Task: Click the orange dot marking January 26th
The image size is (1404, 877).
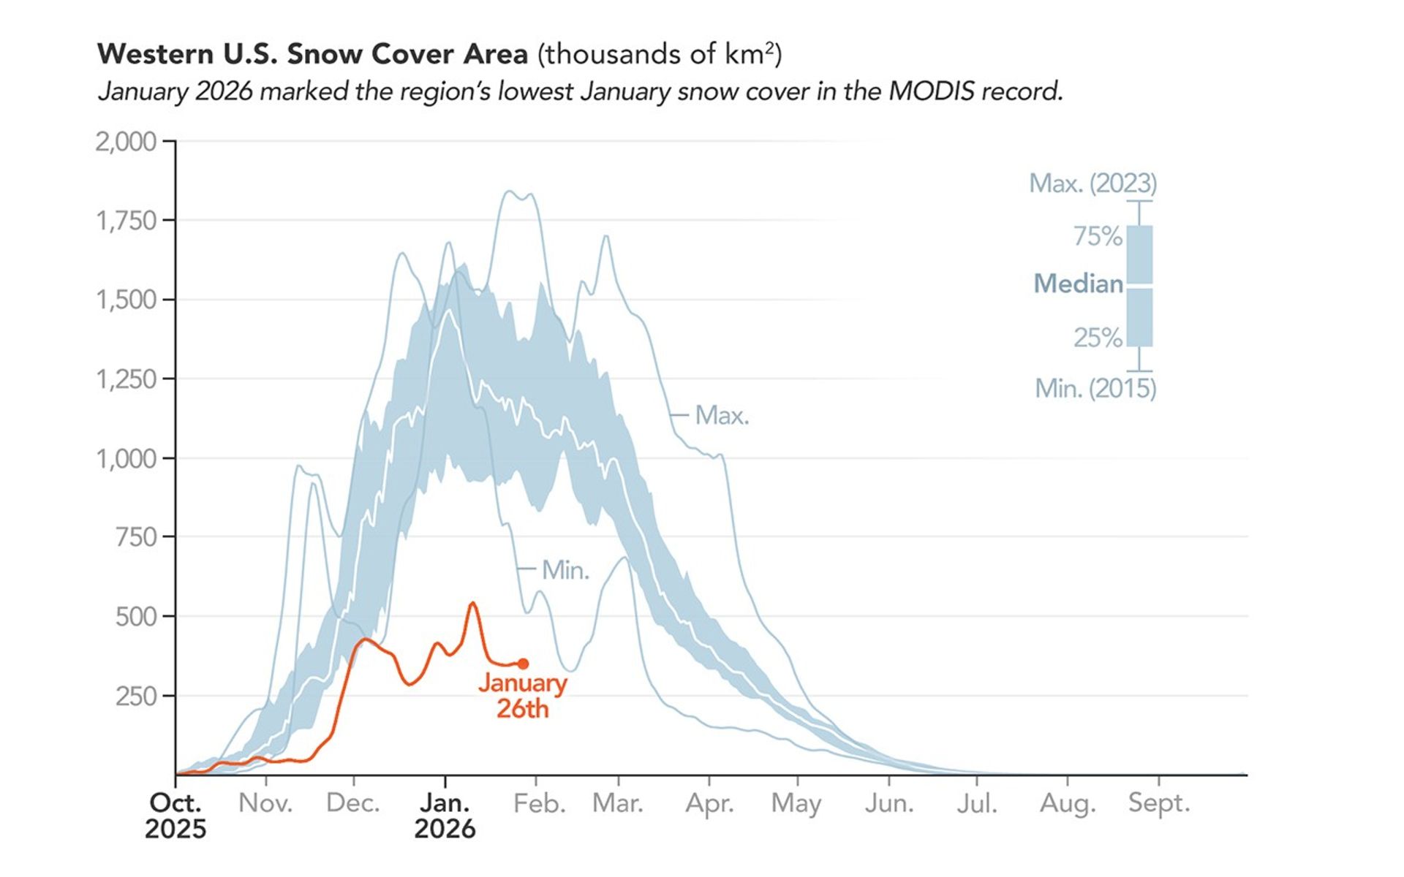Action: [523, 664]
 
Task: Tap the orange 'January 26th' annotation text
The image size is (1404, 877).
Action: [522, 696]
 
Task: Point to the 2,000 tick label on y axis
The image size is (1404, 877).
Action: [126, 141]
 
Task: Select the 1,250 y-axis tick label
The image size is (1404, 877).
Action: [126, 379]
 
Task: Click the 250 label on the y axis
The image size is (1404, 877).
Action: [136, 696]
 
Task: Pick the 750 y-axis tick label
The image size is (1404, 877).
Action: [136, 537]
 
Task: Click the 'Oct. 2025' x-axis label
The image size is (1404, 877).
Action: [175, 816]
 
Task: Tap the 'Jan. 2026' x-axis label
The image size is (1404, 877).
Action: [445, 816]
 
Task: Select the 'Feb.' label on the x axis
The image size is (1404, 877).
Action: [539, 803]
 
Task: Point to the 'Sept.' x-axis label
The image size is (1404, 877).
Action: [1158, 802]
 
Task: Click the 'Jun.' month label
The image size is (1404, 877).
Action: [889, 803]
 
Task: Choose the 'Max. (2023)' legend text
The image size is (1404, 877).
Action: [1092, 183]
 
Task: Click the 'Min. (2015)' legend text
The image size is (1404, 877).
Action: [1095, 388]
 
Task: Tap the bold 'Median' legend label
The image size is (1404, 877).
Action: [1078, 283]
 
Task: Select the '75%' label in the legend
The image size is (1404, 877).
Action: [1097, 236]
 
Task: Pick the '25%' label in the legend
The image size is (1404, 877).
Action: [1097, 338]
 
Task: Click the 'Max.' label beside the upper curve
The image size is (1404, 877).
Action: [722, 415]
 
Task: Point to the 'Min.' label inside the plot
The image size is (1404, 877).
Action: [565, 570]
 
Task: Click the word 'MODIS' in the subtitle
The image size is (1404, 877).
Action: [932, 91]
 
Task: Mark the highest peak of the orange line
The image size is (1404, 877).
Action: [472, 603]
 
